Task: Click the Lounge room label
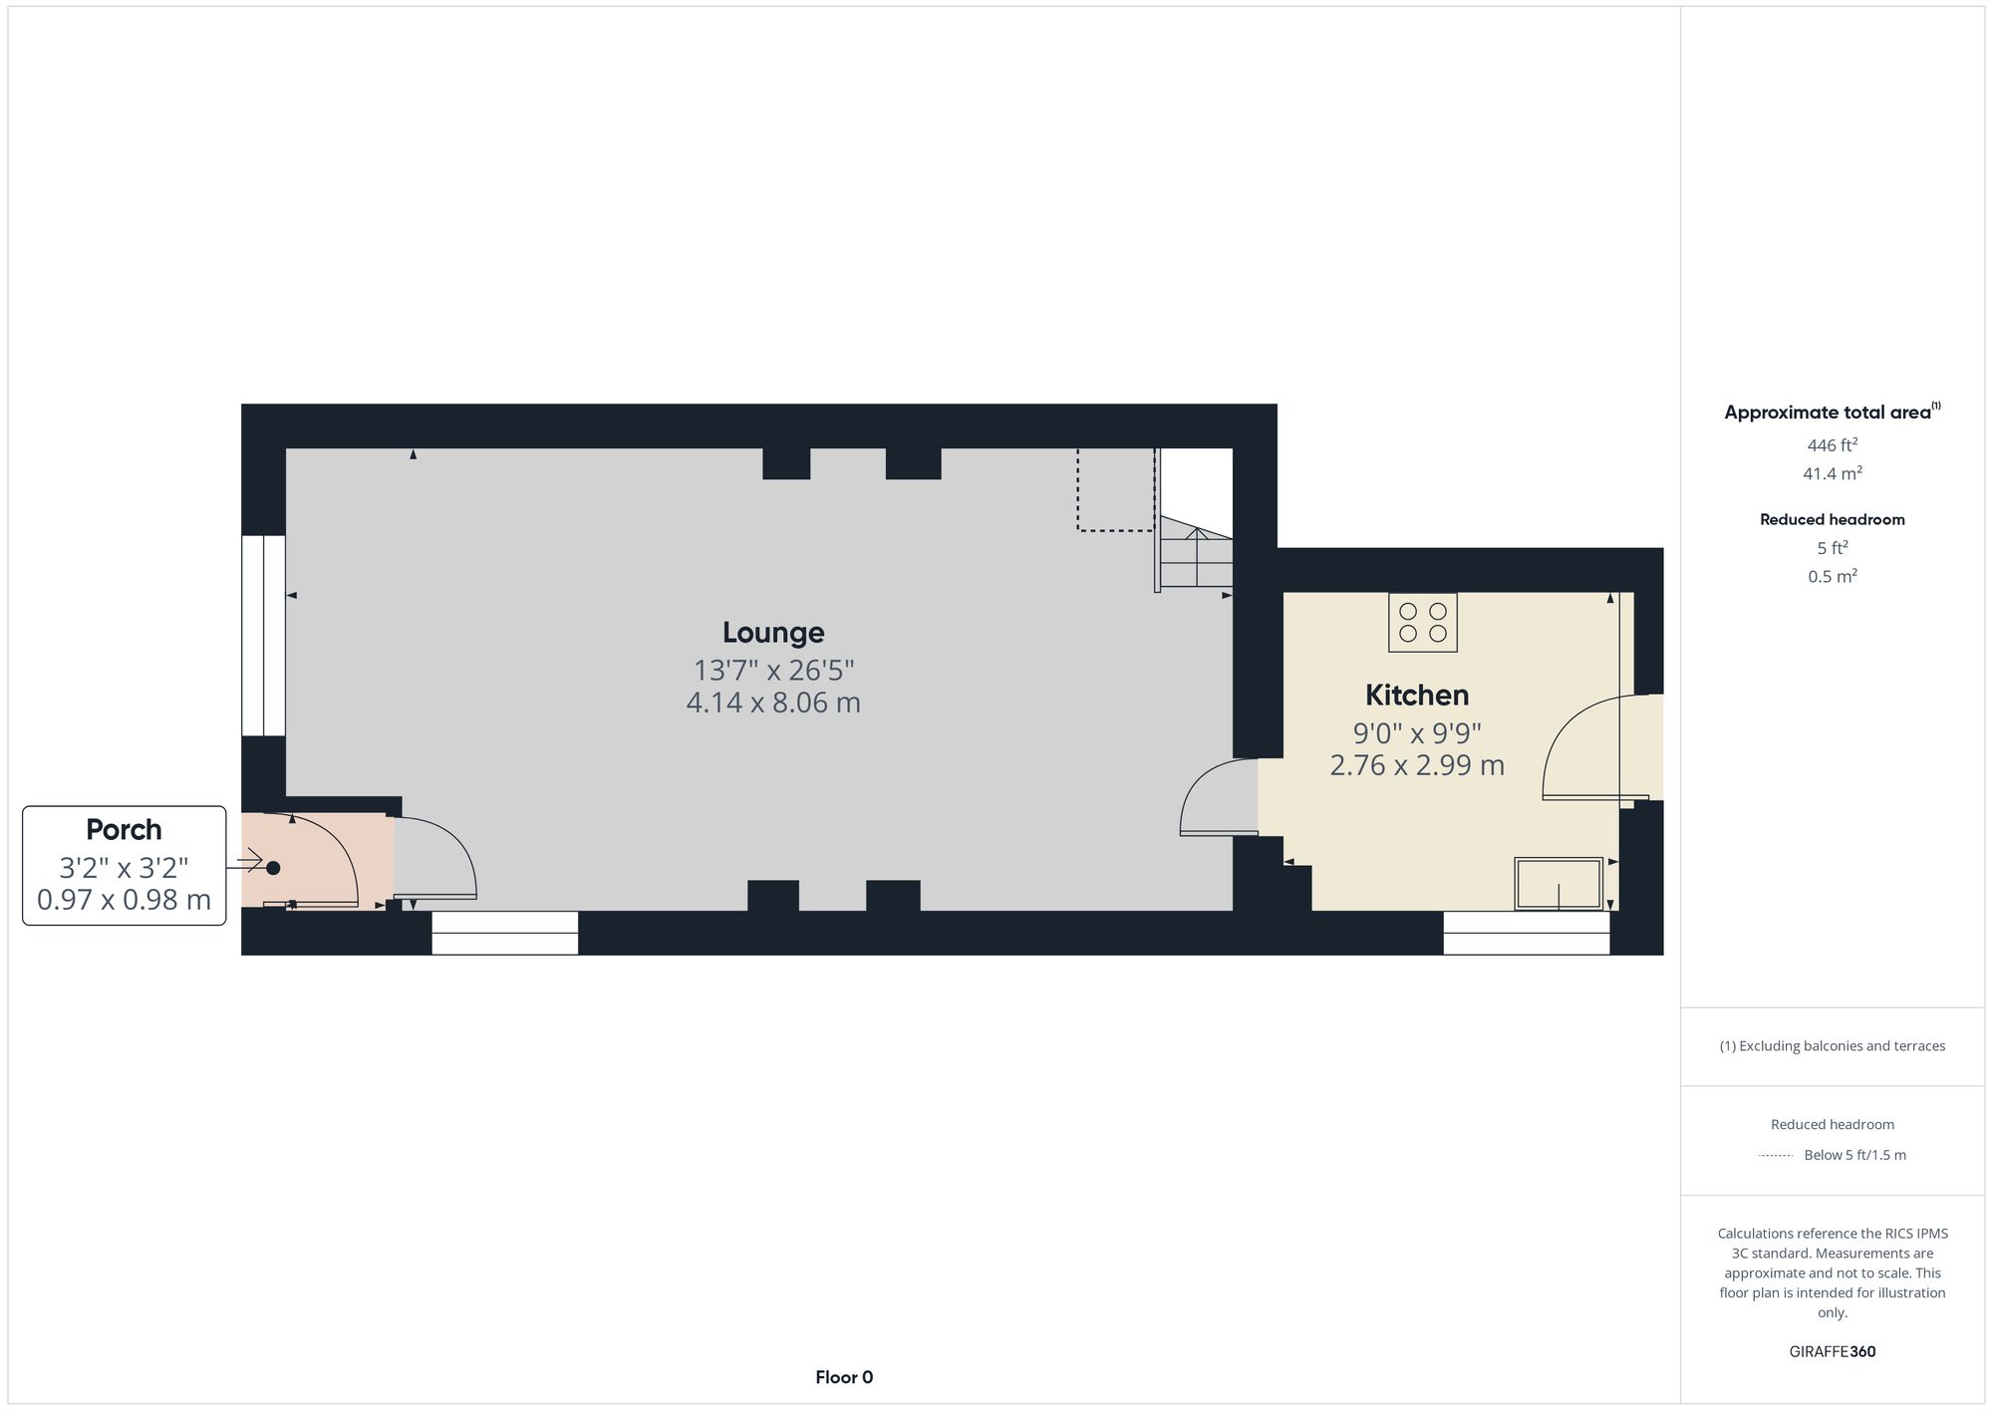click(x=773, y=633)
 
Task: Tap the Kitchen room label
click(x=1416, y=695)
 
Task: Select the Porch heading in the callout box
click(x=124, y=829)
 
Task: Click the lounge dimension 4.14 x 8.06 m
click(x=773, y=703)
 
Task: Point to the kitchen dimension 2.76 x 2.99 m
click(x=1416, y=765)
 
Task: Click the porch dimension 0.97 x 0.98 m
click(x=124, y=900)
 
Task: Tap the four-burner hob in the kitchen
click(x=1422, y=623)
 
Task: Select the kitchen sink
click(x=1559, y=883)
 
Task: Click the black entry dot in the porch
click(x=273, y=868)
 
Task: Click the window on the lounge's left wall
click(x=263, y=636)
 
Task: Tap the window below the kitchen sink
click(x=1526, y=933)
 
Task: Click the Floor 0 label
click(x=843, y=1377)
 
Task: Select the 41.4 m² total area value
click(x=1832, y=474)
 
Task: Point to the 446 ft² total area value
click(x=1832, y=445)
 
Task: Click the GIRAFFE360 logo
click(x=1832, y=1352)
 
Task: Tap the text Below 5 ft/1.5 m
click(x=1854, y=1156)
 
